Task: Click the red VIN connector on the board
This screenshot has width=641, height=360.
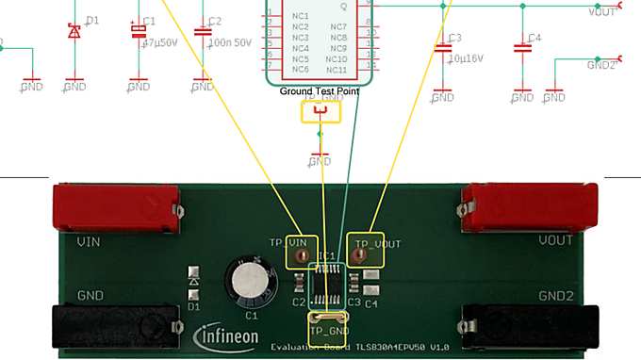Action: pos(116,207)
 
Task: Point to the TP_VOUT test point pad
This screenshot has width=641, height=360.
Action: pos(358,254)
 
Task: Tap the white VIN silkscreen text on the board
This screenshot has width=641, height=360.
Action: pos(88,242)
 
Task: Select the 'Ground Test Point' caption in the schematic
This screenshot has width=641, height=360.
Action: pos(320,91)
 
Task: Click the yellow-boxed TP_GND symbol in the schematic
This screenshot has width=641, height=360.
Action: pos(320,112)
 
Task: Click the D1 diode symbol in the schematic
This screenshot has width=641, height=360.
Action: pos(74,31)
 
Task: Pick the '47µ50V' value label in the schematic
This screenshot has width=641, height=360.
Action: pos(159,42)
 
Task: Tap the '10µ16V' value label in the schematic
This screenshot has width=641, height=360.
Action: pos(465,58)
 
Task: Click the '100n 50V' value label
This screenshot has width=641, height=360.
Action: pos(228,43)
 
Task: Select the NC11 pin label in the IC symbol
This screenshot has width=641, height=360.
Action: pos(337,70)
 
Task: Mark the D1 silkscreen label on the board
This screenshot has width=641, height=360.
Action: pos(193,306)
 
